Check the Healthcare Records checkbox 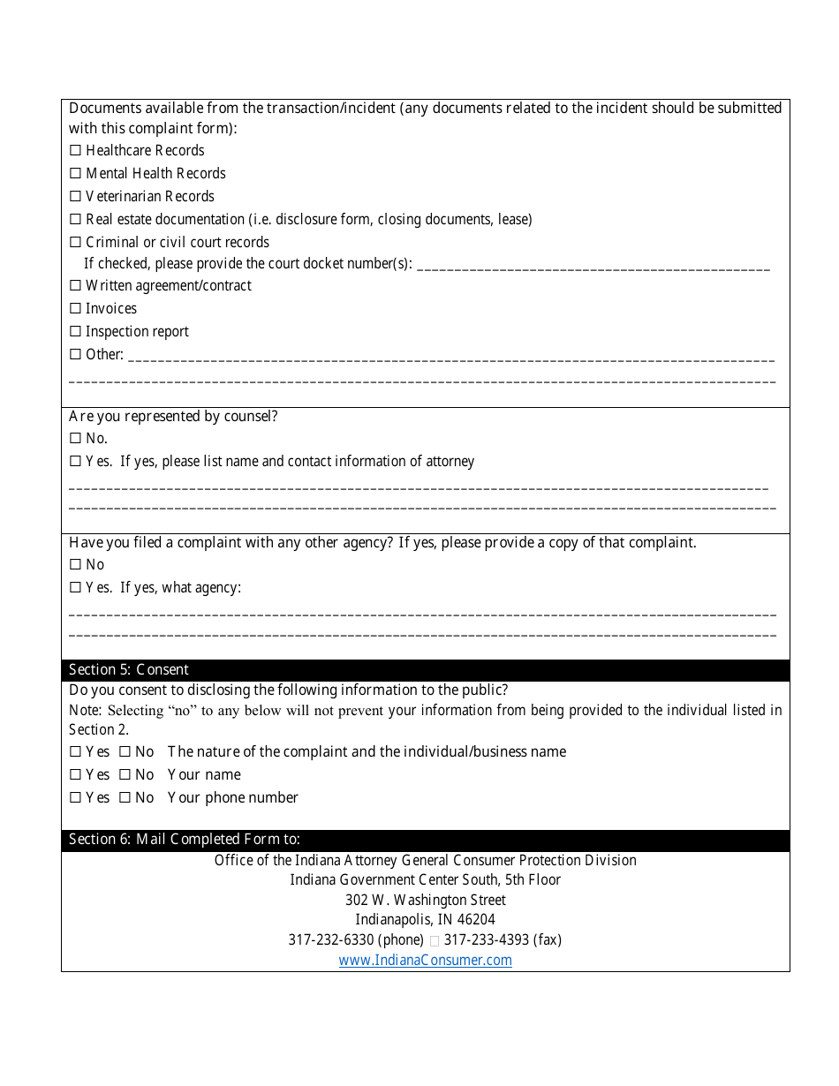pyautogui.click(x=75, y=151)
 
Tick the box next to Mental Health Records pyautogui.click(x=75, y=174)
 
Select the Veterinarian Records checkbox pyautogui.click(x=75, y=197)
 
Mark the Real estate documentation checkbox pyautogui.click(x=75, y=220)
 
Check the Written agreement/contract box pyautogui.click(x=75, y=286)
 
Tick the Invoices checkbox pyautogui.click(x=75, y=309)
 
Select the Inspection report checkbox pyautogui.click(x=75, y=332)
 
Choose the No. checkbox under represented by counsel pyautogui.click(x=75, y=439)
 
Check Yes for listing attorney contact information pyautogui.click(x=75, y=462)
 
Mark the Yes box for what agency pyautogui.click(x=75, y=588)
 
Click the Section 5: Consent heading pyautogui.click(x=129, y=670)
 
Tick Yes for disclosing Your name pyautogui.click(x=75, y=775)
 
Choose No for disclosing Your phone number pyautogui.click(x=125, y=798)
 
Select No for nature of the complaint pyautogui.click(x=125, y=752)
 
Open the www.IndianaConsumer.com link pyautogui.click(x=425, y=961)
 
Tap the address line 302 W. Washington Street pyautogui.click(x=425, y=901)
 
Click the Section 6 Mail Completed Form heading pyautogui.click(x=185, y=840)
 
